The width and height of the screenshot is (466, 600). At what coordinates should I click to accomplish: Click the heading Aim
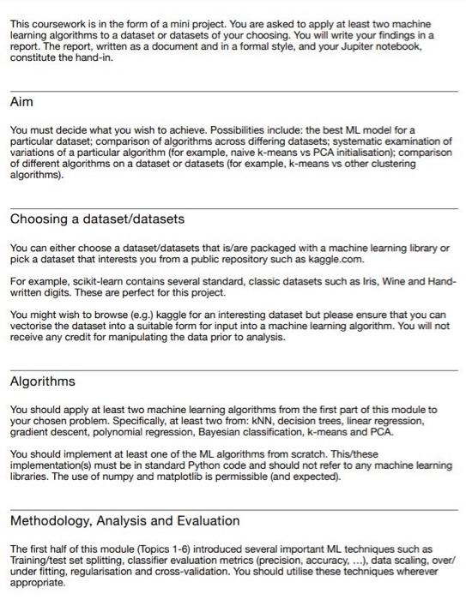point(21,101)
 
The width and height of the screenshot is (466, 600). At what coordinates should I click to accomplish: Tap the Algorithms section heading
point(43,381)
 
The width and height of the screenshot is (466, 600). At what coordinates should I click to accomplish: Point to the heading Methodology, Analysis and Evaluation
point(125,520)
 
